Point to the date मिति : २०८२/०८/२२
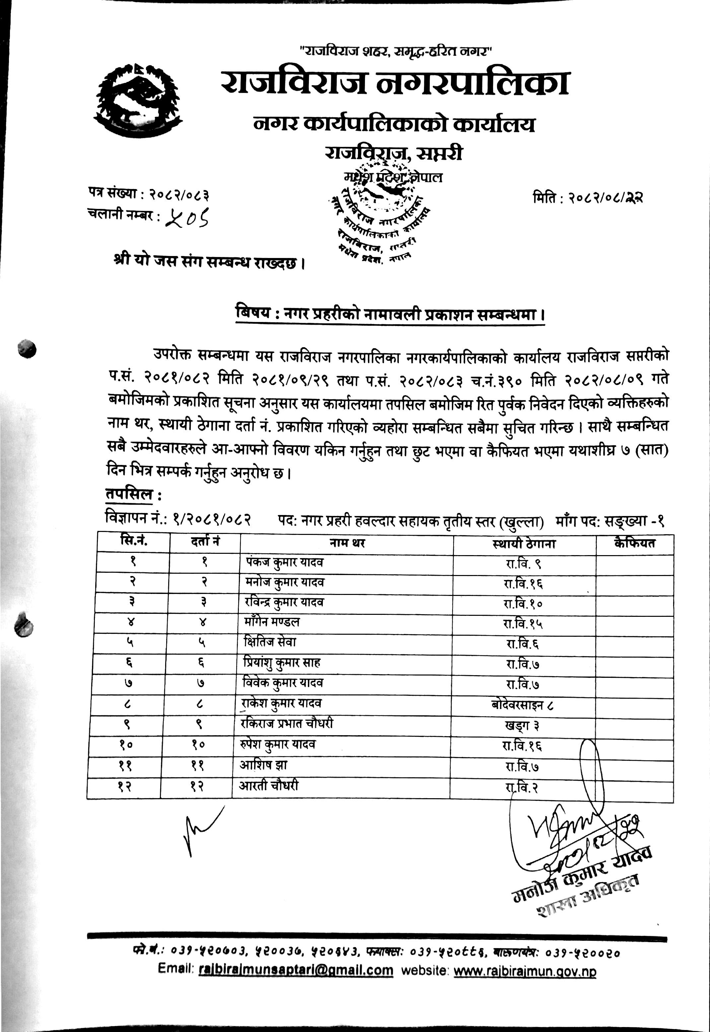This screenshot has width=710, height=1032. (x=587, y=197)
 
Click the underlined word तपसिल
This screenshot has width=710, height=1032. (x=129, y=494)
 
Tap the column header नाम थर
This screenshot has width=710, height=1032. (x=347, y=543)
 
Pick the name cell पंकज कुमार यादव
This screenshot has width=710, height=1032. (x=285, y=562)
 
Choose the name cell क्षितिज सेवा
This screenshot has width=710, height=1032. (x=270, y=642)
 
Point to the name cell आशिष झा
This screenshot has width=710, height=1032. (x=263, y=765)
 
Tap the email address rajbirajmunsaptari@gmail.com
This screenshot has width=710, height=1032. (x=296, y=970)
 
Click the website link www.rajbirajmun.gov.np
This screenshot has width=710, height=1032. (x=525, y=972)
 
